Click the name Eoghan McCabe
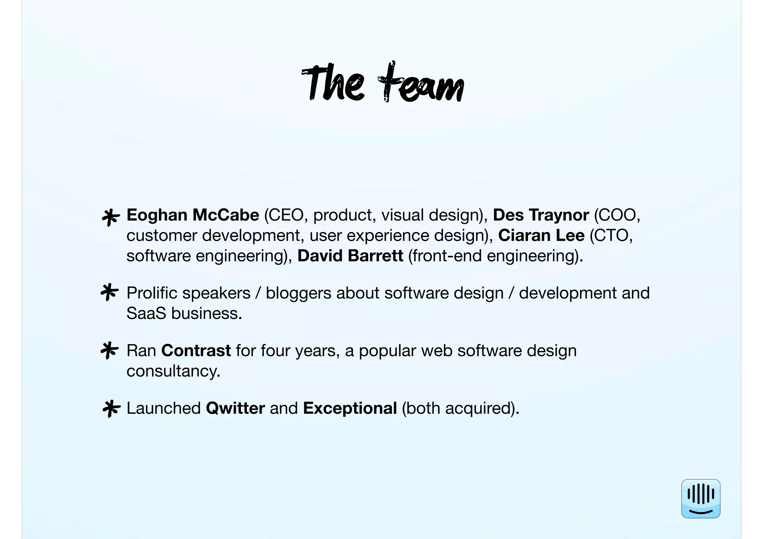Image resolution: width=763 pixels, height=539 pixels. tap(193, 215)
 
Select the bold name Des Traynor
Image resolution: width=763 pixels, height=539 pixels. tap(541, 215)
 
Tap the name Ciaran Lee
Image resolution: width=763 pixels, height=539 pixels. tap(541, 235)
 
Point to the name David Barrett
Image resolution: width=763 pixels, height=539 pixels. tap(350, 256)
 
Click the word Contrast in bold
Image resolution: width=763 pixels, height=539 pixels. tap(196, 351)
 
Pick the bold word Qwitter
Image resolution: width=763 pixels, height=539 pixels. tap(235, 408)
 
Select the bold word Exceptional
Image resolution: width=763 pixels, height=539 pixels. tap(350, 408)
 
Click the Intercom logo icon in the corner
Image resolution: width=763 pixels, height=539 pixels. tap(700, 498)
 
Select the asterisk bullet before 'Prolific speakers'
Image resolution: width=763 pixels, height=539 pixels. tap(110, 293)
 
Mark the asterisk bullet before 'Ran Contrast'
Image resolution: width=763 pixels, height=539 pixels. tap(110, 351)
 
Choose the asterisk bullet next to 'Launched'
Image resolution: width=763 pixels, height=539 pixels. tap(111, 409)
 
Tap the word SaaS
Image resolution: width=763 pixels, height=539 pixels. tap(146, 313)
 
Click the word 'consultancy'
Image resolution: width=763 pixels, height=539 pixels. tap(172, 371)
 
